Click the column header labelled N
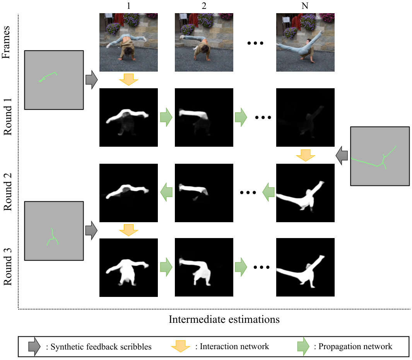pyautogui.click(x=305, y=6)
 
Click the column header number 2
pyautogui.click(x=204, y=6)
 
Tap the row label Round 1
pyautogui.click(x=8, y=117)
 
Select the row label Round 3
pyautogui.click(x=8, y=267)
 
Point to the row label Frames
pyautogui.click(x=6, y=42)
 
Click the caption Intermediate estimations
pyautogui.click(x=224, y=319)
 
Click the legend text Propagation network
pyautogui.click(x=355, y=346)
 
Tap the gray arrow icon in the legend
pyautogui.click(x=34, y=346)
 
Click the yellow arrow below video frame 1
pyautogui.click(x=128, y=79)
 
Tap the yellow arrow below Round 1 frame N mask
pyautogui.click(x=305, y=155)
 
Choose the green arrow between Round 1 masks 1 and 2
pyautogui.click(x=166, y=117)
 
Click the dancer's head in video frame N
pyautogui.click(x=309, y=42)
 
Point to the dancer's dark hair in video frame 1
pyautogui.click(x=129, y=51)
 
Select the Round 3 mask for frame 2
pyautogui.click(x=204, y=267)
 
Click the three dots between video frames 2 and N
pyautogui.click(x=255, y=43)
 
